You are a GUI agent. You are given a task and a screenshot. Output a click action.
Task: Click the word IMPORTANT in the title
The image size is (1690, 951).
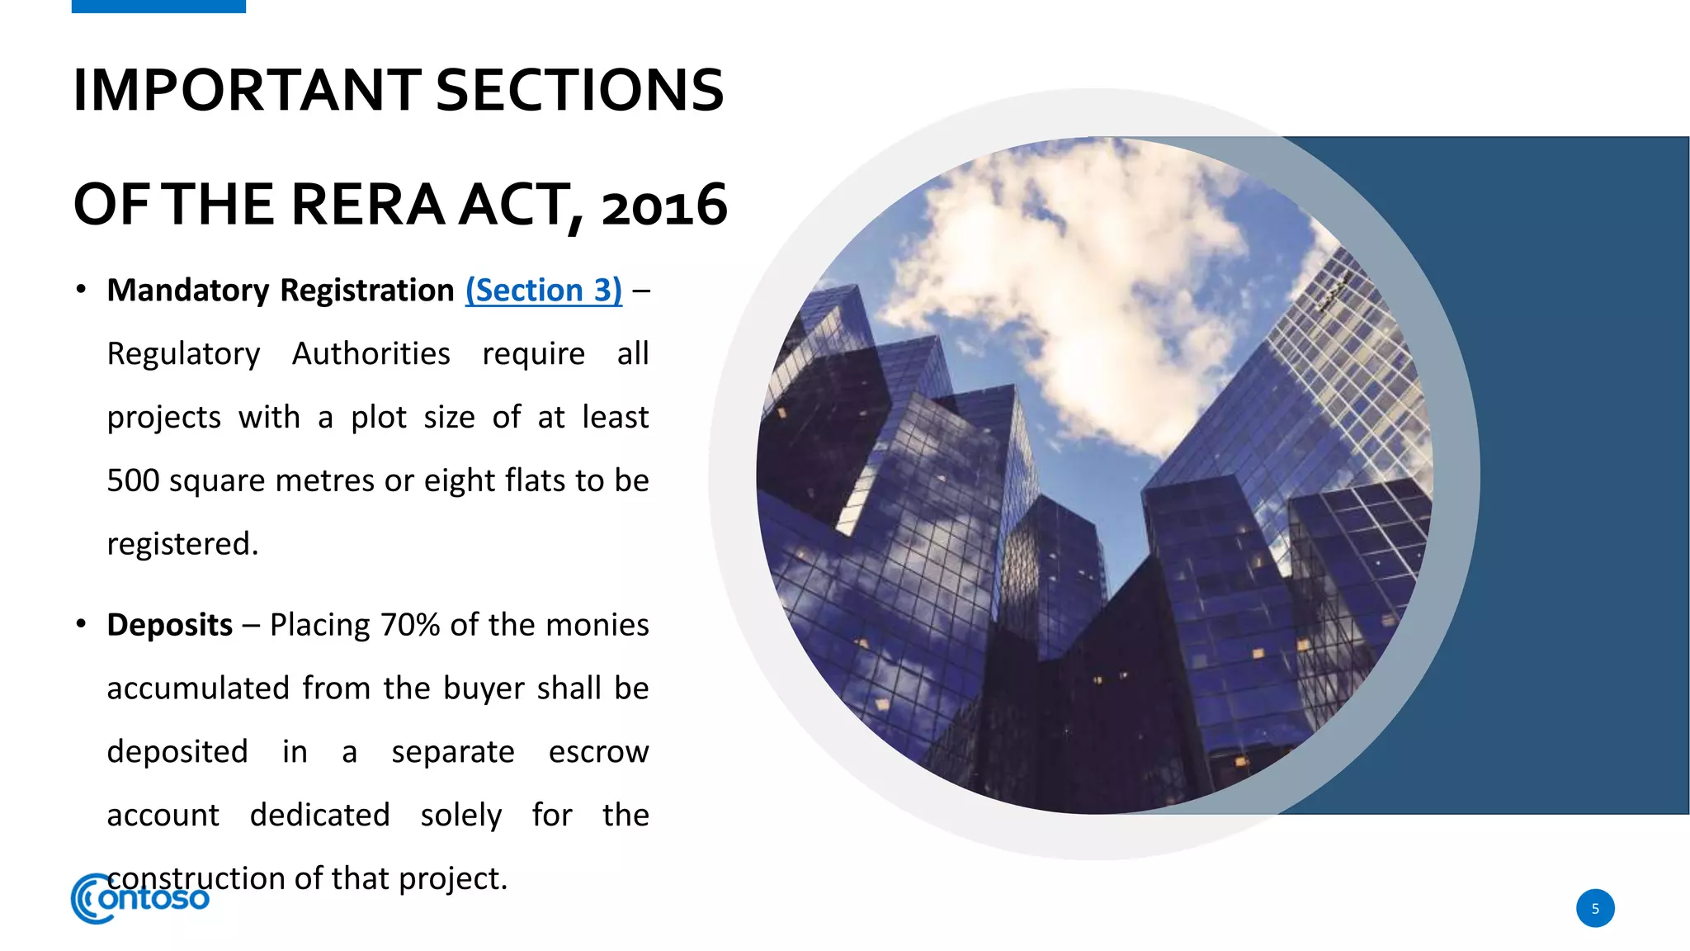point(248,90)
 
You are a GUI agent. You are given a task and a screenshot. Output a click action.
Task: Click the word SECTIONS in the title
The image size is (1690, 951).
point(579,90)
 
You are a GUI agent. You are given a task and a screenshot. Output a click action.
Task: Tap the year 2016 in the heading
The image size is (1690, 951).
point(664,206)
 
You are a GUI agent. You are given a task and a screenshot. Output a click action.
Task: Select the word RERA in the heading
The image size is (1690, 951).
point(368,205)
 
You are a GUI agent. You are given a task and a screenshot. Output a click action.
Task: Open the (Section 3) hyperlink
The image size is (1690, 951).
point(544,291)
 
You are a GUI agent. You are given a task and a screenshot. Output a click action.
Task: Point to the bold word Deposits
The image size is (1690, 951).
point(170,625)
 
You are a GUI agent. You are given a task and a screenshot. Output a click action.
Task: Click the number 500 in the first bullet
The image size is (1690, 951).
point(133,480)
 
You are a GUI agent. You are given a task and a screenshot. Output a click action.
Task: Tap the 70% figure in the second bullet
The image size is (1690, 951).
point(410,625)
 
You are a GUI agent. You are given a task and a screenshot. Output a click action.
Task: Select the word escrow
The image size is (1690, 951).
point(598,752)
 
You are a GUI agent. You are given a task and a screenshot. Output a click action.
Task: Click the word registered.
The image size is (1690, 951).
point(182,544)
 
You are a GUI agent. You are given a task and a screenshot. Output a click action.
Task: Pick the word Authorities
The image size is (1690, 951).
point(371,354)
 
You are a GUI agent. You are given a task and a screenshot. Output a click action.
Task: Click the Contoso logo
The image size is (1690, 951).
point(140,898)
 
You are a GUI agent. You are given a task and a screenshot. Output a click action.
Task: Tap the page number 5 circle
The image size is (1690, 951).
point(1595,908)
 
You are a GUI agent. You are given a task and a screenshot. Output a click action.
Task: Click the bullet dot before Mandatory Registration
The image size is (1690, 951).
point(81,290)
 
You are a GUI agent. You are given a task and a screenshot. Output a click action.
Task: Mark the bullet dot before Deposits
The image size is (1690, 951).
point(81,624)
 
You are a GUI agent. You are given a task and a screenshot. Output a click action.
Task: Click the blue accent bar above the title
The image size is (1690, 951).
point(158,6)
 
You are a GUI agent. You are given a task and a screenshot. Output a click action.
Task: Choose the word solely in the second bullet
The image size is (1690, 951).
point(460,816)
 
